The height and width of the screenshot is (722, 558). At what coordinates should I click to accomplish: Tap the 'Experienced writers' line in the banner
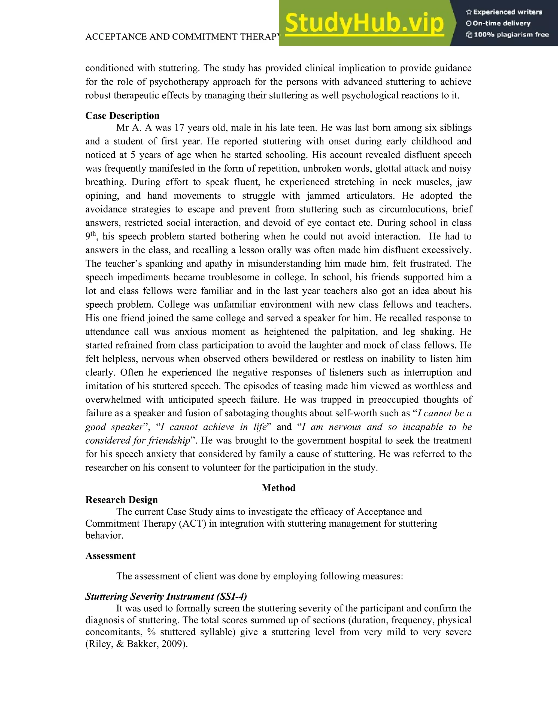[x=504, y=12]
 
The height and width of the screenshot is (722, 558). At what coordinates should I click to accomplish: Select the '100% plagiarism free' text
[x=507, y=35]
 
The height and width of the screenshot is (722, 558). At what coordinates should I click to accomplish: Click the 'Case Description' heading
[x=122, y=116]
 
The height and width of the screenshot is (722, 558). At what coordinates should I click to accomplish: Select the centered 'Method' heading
[x=278, y=488]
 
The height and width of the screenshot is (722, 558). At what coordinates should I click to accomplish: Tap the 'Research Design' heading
[x=121, y=500]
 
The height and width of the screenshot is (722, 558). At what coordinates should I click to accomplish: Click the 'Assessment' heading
[x=110, y=556]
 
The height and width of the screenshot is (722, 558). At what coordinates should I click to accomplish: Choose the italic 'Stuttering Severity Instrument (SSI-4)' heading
[x=166, y=596]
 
